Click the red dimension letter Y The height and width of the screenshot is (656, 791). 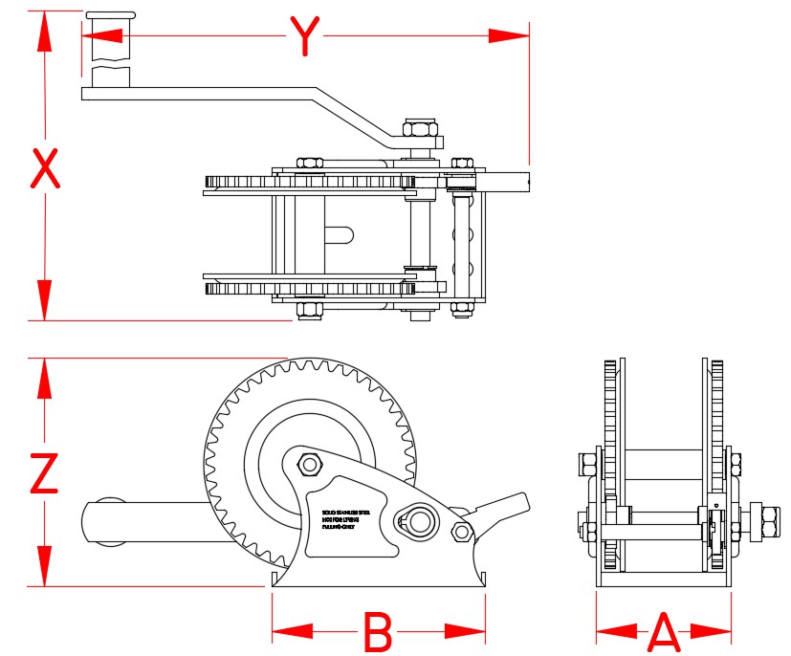coord(304,36)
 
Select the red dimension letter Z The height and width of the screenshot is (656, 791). coord(43,472)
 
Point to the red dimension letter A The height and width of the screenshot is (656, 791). coord(664,631)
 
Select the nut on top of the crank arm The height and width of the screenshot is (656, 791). coord(420,130)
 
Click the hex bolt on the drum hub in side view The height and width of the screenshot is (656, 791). coord(309,465)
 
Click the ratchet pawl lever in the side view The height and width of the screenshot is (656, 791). coord(499,507)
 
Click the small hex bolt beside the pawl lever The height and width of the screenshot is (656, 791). coord(461,532)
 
